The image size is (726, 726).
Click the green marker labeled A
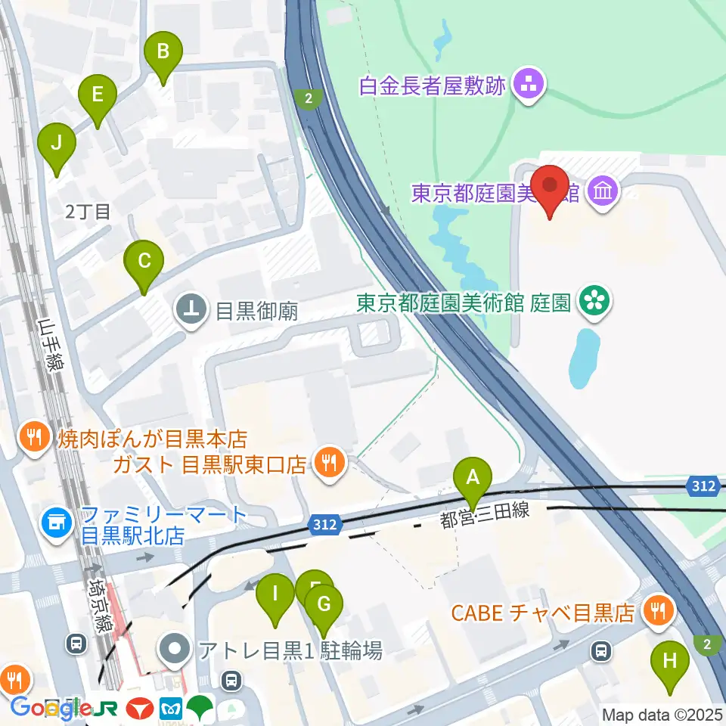point(473,478)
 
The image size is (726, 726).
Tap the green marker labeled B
point(163,51)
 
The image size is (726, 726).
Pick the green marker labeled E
point(97,95)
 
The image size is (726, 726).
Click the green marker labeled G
point(324,604)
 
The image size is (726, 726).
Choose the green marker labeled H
point(670,661)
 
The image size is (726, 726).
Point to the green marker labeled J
point(57,142)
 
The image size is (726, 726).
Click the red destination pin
point(550,185)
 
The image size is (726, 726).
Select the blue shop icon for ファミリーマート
point(56,521)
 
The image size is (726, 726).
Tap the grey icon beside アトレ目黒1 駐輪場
point(177,648)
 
